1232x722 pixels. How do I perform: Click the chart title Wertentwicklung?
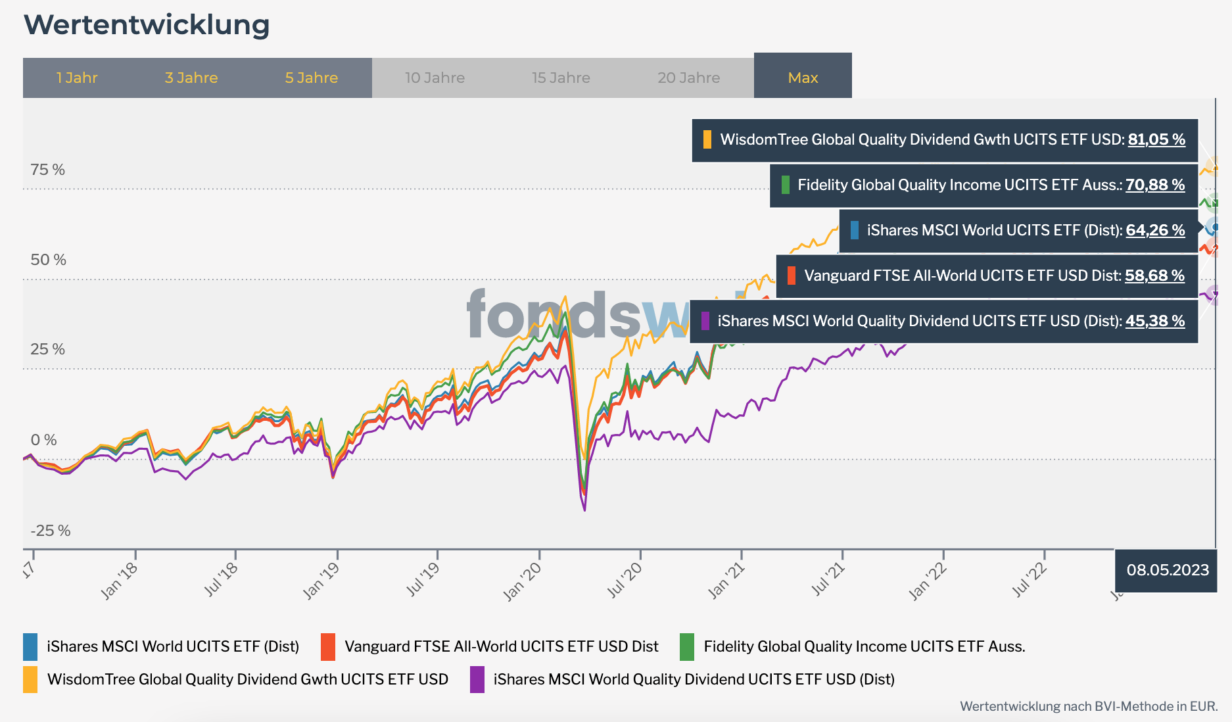point(147,25)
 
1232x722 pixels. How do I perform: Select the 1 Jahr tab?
point(77,78)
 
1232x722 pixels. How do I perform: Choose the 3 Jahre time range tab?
point(191,78)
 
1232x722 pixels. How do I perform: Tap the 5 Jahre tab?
point(312,78)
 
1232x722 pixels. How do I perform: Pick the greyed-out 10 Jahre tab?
point(435,78)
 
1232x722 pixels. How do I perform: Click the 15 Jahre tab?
point(561,78)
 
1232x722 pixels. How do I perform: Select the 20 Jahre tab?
point(688,78)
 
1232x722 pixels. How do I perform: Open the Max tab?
point(803,78)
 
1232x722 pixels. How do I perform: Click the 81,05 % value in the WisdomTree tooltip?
point(1156,139)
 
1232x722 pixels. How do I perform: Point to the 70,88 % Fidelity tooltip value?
point(1155,185)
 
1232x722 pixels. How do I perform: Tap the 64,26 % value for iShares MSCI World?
point(1155,230)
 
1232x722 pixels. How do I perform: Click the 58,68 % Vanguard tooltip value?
point(1154,276)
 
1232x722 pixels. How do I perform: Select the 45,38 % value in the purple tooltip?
point(1155,321)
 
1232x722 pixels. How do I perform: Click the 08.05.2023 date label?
point(1168,570)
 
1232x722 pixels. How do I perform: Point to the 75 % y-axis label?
point(47,170)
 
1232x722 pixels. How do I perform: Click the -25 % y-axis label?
point(50,531)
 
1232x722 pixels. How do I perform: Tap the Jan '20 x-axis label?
point(523,581)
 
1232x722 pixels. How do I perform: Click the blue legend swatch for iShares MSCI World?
point(30,646)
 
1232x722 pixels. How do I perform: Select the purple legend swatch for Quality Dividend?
point(477,679)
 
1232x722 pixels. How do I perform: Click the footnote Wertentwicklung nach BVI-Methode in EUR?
point(1089,706)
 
